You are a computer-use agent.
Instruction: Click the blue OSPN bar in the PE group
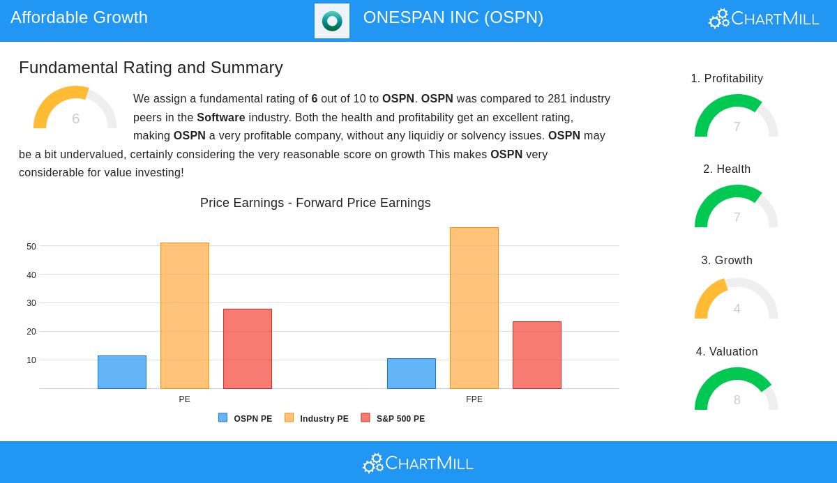122,372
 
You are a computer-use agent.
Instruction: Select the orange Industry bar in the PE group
185,316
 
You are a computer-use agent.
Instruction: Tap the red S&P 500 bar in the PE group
248,348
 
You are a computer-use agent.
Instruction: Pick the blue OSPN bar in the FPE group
412,374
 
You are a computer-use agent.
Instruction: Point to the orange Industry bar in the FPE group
474,308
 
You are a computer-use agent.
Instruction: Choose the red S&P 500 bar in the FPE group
537,355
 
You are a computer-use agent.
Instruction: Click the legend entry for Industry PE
317,419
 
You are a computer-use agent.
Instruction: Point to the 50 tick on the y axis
31,247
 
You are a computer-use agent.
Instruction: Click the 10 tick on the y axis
31,360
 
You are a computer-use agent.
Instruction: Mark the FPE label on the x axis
474,399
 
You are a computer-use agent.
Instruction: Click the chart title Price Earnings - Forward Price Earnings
315,203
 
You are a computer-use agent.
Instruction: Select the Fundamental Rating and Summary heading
151,68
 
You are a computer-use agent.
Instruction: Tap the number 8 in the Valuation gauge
737,400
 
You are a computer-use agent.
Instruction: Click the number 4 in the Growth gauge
737,309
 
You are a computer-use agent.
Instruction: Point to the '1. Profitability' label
727,79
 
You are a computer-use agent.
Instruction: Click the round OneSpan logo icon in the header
332,21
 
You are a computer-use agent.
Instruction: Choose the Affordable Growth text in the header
79,17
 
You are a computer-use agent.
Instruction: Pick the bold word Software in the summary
221,117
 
